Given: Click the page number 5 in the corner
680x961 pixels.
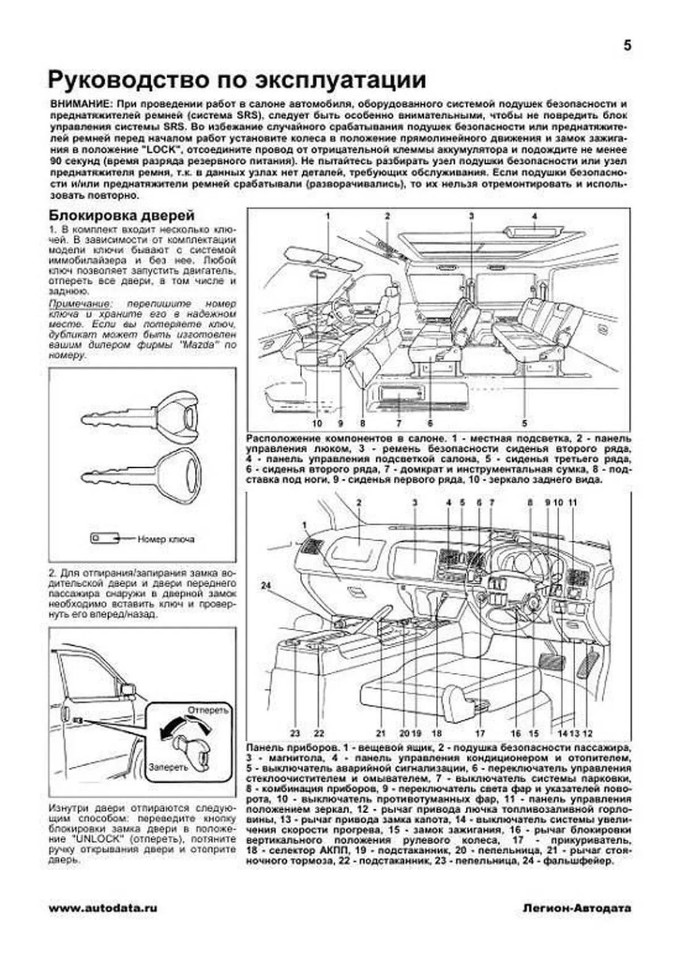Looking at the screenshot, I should (627, 46).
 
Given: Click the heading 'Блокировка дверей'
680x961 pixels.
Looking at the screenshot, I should (122, 216).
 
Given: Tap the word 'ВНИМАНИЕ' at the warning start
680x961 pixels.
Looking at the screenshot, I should (78, 104).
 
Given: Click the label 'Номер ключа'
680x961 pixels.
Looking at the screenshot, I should (166, 539).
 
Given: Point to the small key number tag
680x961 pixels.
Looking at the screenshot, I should (104, 538).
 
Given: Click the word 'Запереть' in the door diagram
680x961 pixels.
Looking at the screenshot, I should (168, 767).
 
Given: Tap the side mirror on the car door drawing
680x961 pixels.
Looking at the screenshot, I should (129, 690).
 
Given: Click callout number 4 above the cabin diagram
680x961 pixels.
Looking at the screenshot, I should (534, 216).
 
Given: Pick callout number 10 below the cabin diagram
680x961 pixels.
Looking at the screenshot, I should (317, 422).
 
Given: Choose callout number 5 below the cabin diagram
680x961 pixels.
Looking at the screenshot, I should (524, 422).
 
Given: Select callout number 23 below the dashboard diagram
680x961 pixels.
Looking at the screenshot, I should (295, 733).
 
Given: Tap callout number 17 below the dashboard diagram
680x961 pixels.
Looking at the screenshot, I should (481, 733).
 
